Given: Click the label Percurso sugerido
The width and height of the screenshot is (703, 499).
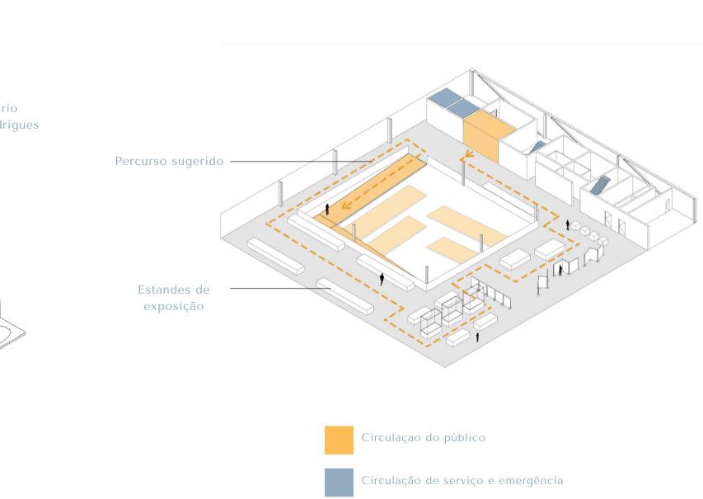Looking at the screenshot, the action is (x=169, y=161).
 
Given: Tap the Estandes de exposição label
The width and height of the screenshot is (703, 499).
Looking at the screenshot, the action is (x=174, y=298).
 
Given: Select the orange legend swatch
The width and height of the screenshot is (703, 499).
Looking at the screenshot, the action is (x=339, y=440).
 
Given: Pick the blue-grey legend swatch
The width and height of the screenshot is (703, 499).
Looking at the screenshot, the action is (x=339, y=483).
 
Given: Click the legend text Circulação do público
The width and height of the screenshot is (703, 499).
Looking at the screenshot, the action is (x=423, y=438).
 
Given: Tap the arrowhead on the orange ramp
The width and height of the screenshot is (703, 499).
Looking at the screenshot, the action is (x=347, y=206).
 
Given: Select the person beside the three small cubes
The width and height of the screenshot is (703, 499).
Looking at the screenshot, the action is (x=567, y=224).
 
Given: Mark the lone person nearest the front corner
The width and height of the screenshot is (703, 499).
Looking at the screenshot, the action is (x=477, y=337).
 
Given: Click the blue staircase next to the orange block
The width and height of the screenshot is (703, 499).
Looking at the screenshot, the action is (x=537, y=146).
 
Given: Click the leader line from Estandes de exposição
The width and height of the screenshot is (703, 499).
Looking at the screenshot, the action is (x=280, y=289).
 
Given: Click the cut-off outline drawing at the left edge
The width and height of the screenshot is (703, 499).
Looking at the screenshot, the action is (x=12, y=330).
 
